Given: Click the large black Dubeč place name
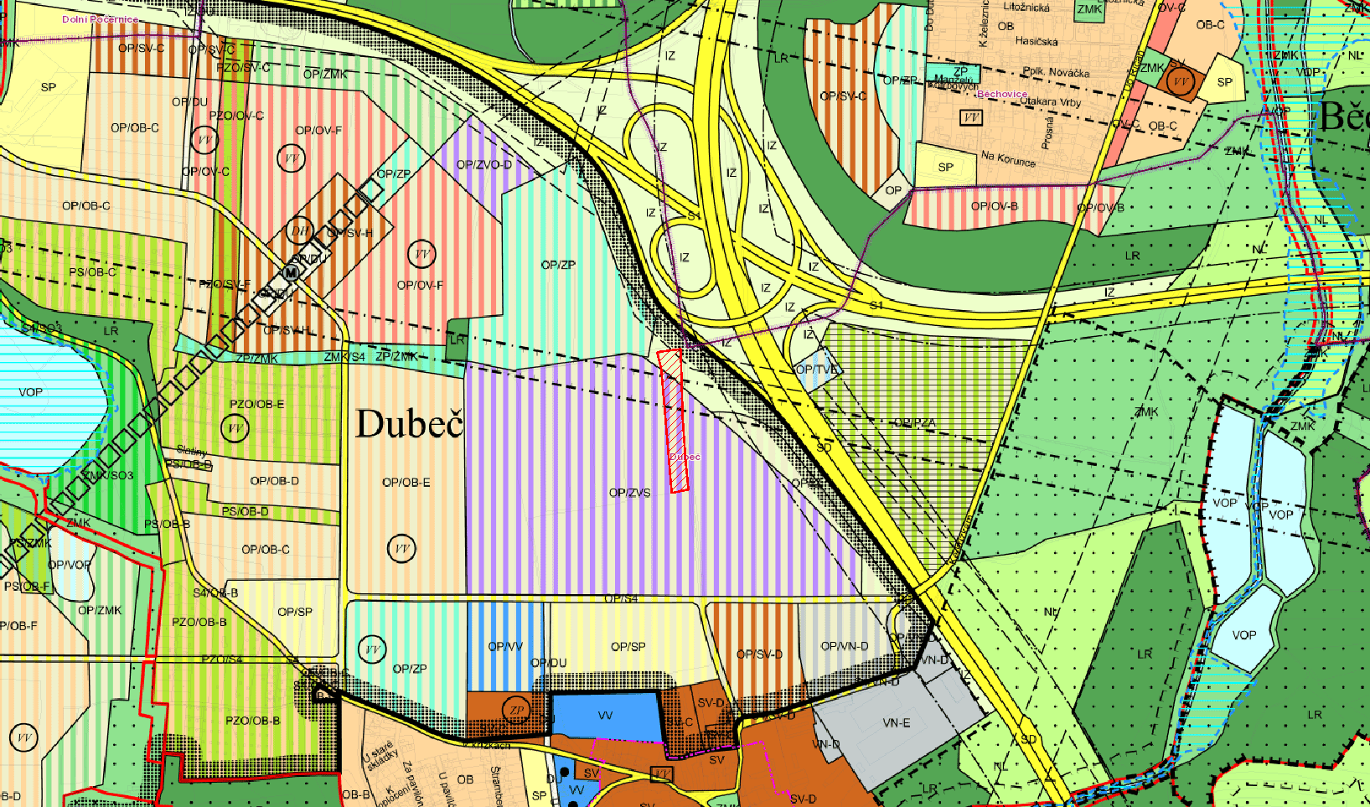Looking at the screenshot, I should coord(410,424).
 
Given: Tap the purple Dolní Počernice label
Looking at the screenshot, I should coord(100,19).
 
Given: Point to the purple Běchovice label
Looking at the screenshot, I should coord(1002,94).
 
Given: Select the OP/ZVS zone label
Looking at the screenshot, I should coord(630,493).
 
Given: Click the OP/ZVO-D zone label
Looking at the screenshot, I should coord(483,164).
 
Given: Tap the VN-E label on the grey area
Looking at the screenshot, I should coord(897,722).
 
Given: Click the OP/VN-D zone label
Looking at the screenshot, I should coord(845,646).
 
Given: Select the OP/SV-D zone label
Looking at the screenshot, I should coord(759,654).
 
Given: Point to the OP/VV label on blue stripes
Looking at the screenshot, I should coord(505,646).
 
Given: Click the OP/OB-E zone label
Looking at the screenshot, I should coord(406,482).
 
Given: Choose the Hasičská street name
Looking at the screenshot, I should coord(1037,41).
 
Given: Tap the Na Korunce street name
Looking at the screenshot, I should coord(1008,158).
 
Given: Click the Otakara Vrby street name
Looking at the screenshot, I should coord(1051,102).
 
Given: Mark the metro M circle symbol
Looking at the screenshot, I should coord(291,273).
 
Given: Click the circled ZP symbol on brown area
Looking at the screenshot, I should coord(517,711).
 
